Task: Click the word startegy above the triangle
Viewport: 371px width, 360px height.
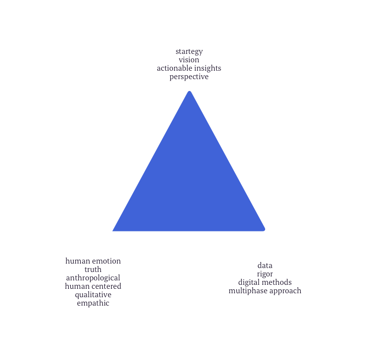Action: pos(188,51)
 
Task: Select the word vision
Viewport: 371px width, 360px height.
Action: pos(188,60)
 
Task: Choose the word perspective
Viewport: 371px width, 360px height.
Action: pos(188,77)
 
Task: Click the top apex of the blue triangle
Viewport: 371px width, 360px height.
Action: pos(189,92)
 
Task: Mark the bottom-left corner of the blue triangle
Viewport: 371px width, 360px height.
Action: pos(114,229)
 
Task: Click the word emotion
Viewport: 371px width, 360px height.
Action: pos(106,261)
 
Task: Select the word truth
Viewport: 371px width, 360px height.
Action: pos(93,270)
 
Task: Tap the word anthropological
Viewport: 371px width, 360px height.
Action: pos(93,278)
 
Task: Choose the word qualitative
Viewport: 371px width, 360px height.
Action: pos(93,295)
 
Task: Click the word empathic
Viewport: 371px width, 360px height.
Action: pos(93,303)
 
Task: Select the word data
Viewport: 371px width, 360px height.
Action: pos(265,266)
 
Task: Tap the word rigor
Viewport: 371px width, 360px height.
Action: pos(265,274)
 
